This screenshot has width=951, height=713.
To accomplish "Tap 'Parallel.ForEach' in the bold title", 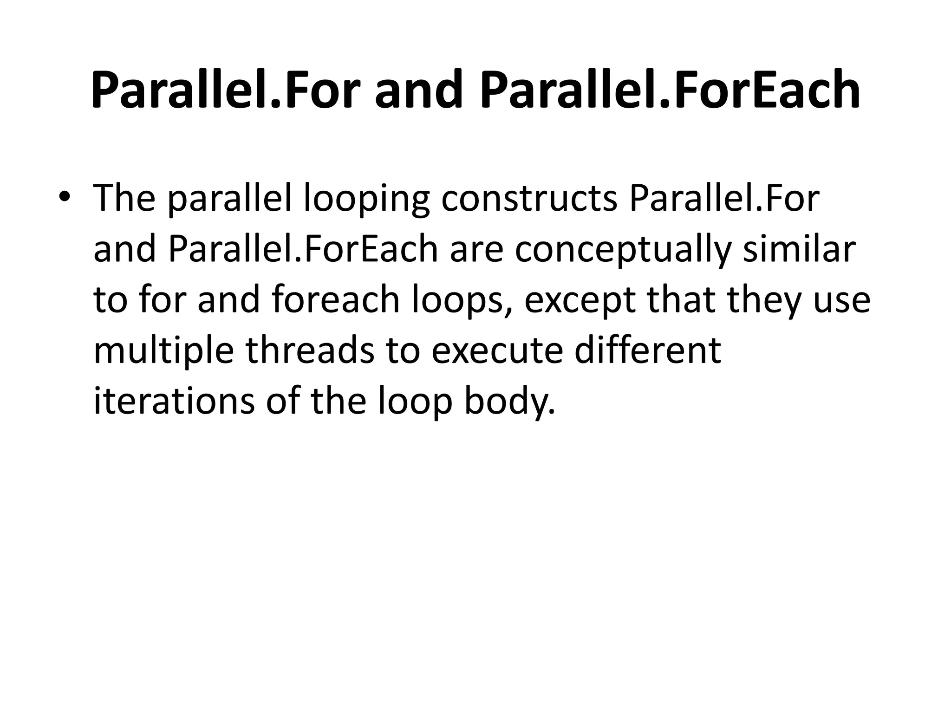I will (x=670, y=91).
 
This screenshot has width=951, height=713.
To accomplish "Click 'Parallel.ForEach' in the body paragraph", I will (x=303, y=249).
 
